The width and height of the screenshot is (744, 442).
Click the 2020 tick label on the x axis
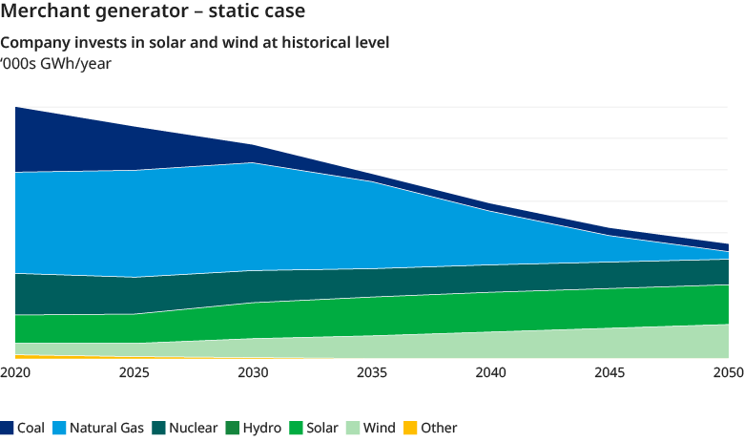click(x=15, y=371)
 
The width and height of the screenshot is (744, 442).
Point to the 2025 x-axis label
click(x=134, y=371)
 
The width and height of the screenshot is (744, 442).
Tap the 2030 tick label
click(x=253, y=371)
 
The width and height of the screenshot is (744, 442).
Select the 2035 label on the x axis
click(x=372, y=371)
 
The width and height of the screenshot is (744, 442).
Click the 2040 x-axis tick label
click(x=490, y=371)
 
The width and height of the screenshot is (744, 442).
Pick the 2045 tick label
click(x=610, y=371)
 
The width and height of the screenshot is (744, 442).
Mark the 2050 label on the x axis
click(x=728, y=371)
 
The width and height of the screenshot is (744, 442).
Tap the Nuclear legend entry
click(x=193, y=428)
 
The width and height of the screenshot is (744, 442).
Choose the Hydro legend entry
click(x=261, y=428)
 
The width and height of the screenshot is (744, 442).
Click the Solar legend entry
click(x=322, y=428)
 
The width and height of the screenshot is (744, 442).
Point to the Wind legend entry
click(x=379, y=428)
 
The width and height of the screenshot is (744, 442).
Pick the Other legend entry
click(x=438, y=428)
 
